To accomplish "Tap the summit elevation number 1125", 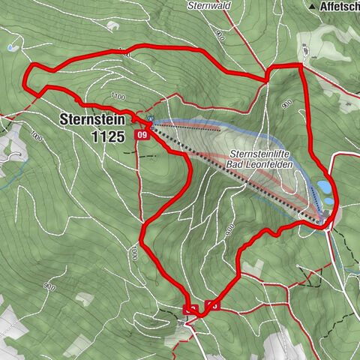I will click(104, 136).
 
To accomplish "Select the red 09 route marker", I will click(141, 134).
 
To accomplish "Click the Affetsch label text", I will click(339, 5).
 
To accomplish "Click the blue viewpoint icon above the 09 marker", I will click(151, 118).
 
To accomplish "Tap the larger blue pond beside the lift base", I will click(323, 184).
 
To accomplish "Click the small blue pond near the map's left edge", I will click(9, 48).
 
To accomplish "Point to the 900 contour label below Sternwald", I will click(219, 35).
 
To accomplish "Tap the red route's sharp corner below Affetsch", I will click(301, 66).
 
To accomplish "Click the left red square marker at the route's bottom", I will click(190, 309).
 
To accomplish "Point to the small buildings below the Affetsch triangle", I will click(306, 49).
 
